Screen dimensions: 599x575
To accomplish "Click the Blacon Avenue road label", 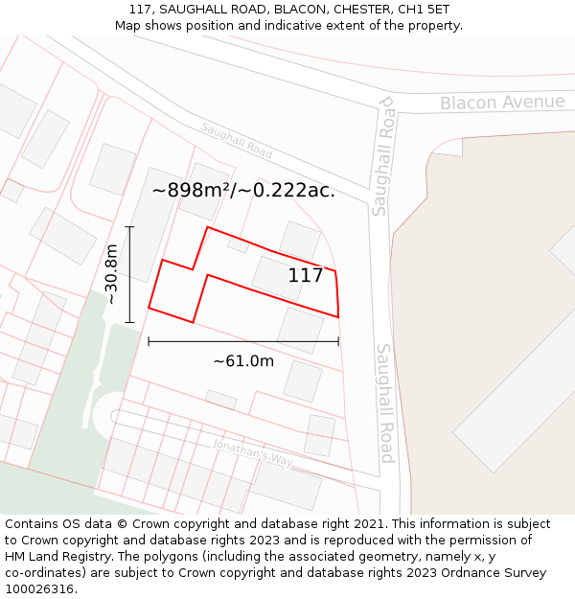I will click(502, 103).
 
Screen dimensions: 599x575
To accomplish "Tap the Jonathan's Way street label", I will click(252, 452).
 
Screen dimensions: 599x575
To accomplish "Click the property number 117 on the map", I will click(306, 276).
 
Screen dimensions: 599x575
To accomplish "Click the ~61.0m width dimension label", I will click(243, 360).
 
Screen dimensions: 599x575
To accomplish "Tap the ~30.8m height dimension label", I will click(111, 274).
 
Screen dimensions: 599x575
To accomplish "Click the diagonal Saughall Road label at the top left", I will click(237, 140).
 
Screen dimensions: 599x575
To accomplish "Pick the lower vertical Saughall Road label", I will click(385, 403).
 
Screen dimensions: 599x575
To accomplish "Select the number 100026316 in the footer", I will click(36, 588).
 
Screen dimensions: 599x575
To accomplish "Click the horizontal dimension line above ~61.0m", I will click(243, 340).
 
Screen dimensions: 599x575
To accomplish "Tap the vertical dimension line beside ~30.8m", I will click(130, 274).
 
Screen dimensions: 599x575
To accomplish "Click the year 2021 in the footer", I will click(368, 524).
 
